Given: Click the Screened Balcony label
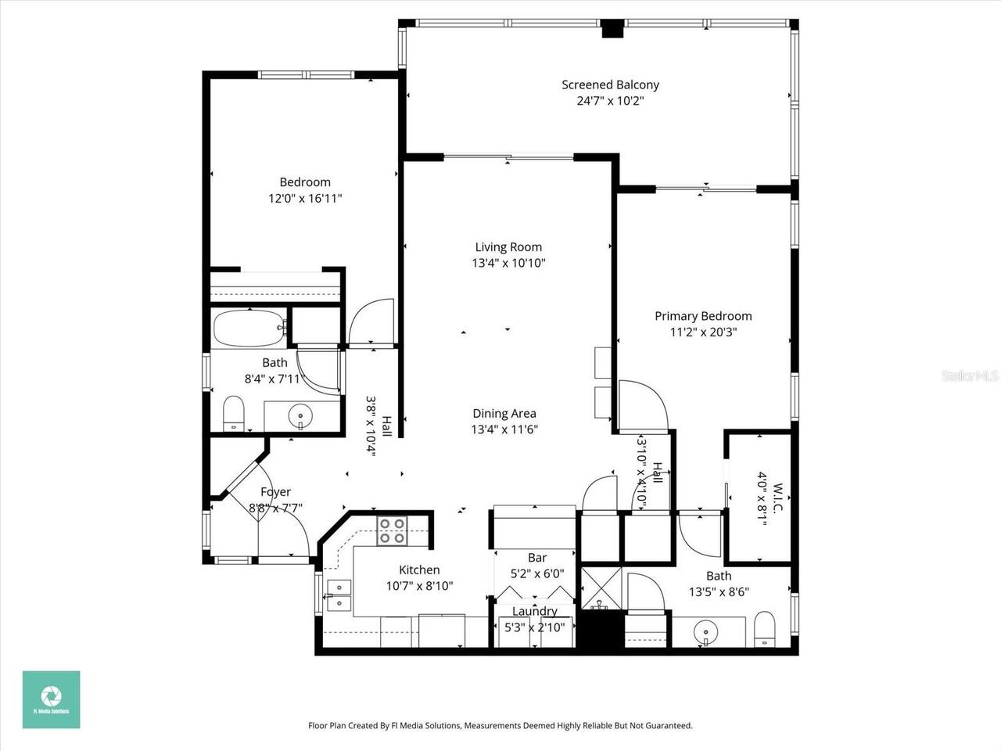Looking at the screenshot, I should tap(610, 84).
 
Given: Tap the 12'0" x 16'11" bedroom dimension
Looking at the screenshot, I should tap(305, 199).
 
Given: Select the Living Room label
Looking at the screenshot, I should tap(508, 247).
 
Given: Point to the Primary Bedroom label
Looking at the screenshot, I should tap(703, 316).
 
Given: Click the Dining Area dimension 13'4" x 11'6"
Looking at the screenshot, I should tap(504, 429).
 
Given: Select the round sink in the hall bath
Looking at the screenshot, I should tap(300, 414).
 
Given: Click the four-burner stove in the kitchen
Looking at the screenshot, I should tap(392, 531).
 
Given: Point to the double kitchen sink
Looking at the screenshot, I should tap(339, 595).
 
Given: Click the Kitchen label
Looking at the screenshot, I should tap(419, 570).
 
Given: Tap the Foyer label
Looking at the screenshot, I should tap(275, 492).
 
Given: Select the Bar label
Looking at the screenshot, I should tap(537, 558).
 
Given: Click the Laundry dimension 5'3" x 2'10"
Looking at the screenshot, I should tap(535, 627).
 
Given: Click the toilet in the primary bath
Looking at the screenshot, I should tap(764, 631).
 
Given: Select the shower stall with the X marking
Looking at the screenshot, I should tap(600, 591).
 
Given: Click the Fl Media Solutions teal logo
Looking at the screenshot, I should tap(51, 699).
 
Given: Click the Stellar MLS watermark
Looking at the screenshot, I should tap(970, 376).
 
